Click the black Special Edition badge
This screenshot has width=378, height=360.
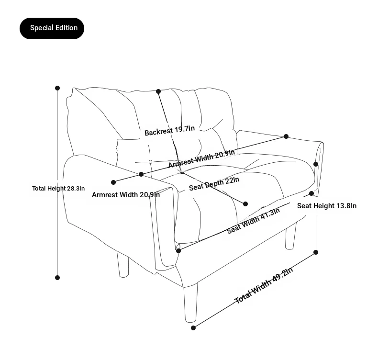[52, 28]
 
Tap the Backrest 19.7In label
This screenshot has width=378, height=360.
[169, 130]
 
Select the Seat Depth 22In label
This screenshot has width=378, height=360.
[214, 184]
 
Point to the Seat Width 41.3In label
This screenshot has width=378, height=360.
[254, 220]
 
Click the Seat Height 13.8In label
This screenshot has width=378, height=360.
[327, 206]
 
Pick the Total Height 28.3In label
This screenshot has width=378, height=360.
[58, 188]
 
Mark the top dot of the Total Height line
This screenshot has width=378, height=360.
[57, 88]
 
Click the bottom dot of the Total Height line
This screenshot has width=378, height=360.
[57, 278]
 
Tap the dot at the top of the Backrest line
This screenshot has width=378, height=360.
[158, 91]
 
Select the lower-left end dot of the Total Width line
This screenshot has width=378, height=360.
[193, 328]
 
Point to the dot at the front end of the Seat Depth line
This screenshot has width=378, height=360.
[245, 204]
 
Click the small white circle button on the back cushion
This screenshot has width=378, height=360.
[150, 162]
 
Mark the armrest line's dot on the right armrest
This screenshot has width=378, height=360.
[286, 136]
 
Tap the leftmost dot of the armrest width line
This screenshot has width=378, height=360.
[113, 182]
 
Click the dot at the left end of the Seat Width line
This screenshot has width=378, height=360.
[178, 251]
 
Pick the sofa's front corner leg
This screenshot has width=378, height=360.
[191, 303]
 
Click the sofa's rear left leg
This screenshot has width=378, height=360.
[123, 264]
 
